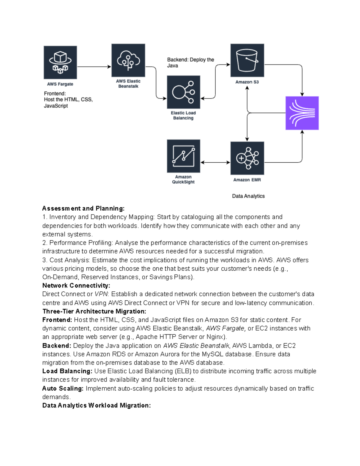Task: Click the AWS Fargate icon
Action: tap(60, 62)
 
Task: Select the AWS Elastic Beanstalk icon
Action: tap(128, 60)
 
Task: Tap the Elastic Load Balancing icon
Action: tap(183, 92)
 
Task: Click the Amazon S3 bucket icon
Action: tap(247, 60)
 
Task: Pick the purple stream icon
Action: tap(302, 113)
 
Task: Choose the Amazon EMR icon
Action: tap(247, 158)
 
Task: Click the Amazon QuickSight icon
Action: tap(183, 156)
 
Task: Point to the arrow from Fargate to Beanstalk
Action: tap(94, 67)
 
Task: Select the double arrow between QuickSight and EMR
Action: tap(215, 162)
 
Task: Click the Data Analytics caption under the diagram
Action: tap(248, 196)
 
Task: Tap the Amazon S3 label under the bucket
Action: tap(247, 82)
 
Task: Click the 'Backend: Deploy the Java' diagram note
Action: tap(190, 62)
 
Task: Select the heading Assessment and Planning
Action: tap(83, 208)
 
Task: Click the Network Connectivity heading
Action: tap(76, 285)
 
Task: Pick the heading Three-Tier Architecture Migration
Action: tap(94, 311)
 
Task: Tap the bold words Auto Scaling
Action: tap(63, 388)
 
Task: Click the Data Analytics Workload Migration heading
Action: tap(96, 405)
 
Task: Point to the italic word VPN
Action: tap(101, 294)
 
